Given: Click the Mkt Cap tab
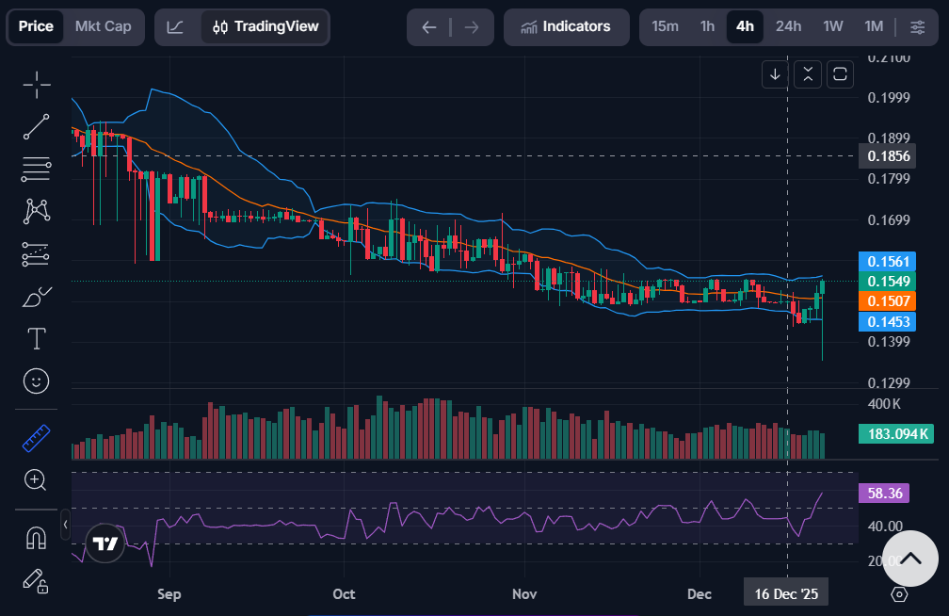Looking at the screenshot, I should pos(104,26).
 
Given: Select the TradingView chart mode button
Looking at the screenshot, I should pos(265,26).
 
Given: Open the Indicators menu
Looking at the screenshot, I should pos(565,26).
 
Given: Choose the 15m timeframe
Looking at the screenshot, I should pos(665,26).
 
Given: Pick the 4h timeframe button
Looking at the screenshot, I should pos(745,26).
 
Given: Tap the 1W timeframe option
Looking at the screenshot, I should pos(832,26).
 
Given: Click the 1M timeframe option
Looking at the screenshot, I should pos(874,26).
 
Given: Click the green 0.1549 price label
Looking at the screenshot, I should pos(888,281).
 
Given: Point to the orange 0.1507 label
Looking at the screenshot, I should pos(888,301).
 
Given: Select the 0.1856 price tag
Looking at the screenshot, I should pos(888,156).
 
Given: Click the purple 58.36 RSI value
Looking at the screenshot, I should pos(885,493).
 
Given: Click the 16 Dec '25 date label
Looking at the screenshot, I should pos(787,594).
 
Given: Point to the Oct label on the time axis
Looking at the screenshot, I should pos(344,594).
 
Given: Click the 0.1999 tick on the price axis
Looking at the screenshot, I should pos(888,98).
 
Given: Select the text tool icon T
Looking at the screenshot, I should pos(36,338).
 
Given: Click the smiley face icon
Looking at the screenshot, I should pos(36,381).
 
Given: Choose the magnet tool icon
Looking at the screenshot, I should pos(36,538).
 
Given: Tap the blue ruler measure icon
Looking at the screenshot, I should pos(36,437).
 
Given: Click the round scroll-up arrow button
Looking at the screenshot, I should pos(909,559).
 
